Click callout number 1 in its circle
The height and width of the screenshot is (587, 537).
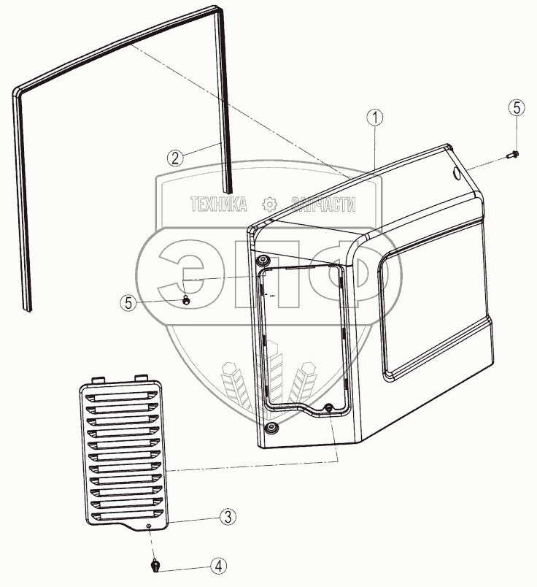374,117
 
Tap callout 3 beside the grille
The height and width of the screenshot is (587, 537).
228,517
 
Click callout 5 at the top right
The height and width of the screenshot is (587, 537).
516,108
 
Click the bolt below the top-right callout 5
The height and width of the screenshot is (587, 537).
512,154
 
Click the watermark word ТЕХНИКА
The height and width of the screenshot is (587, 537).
218,204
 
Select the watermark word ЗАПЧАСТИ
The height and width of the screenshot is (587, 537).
323,204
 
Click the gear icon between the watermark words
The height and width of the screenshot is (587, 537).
270,204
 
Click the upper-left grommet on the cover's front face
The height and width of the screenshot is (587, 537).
263,261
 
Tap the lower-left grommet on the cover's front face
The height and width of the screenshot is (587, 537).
271,426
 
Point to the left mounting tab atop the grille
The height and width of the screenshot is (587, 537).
98,380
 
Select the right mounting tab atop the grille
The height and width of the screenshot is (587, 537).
140,377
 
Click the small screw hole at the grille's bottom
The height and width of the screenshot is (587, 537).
147,526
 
